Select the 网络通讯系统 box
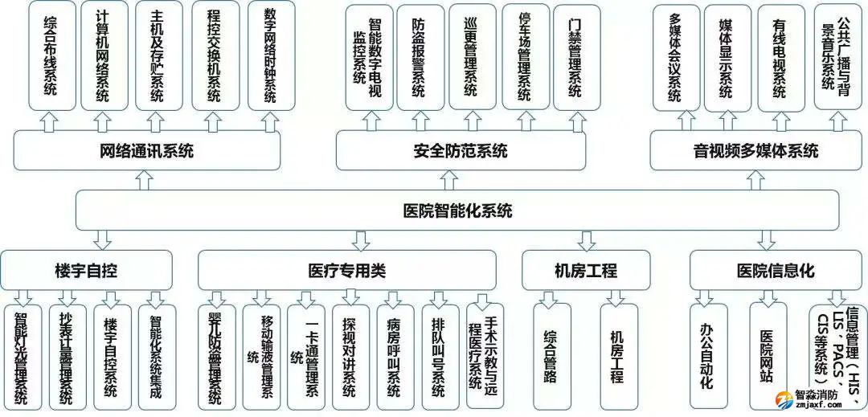pyautogui.click(x=147, y=151)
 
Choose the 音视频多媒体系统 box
pyautogui.click(x=755, y=151)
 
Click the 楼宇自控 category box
pyautogui.click(x=87, y=270)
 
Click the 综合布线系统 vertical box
pyautogui.click(x=51, y=56)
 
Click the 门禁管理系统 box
pyautogui.click(x=575, y=58)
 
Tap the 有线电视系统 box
pyautogui.click(x=780, y=58)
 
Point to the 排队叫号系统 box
pyautogui.click(x=439, y=358)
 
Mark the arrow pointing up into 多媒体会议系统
pyautogui.click(x=686, y=121)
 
